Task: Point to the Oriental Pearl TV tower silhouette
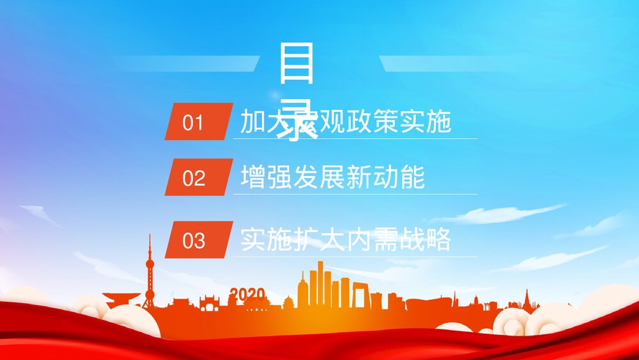150,272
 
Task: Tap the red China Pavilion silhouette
121,299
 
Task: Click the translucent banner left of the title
185,63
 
